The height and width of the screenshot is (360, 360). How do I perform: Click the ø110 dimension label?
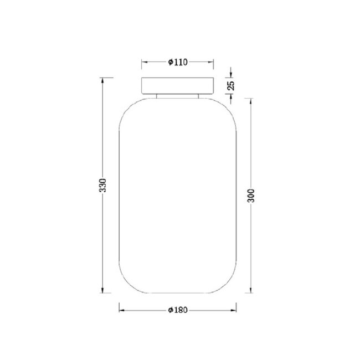178,62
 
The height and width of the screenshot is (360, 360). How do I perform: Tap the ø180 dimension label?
178,310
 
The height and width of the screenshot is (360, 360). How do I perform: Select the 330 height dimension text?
102,186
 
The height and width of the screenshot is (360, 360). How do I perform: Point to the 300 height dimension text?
251,196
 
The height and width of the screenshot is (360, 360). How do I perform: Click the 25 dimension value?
231,85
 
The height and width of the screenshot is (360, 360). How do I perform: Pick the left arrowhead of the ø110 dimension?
144,62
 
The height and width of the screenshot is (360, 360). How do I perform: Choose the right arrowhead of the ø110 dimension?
211,62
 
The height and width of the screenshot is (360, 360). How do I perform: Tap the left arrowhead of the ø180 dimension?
122,310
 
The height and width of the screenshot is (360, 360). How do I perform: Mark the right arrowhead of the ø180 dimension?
234,310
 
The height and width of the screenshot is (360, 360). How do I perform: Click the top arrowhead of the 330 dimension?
102,81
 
